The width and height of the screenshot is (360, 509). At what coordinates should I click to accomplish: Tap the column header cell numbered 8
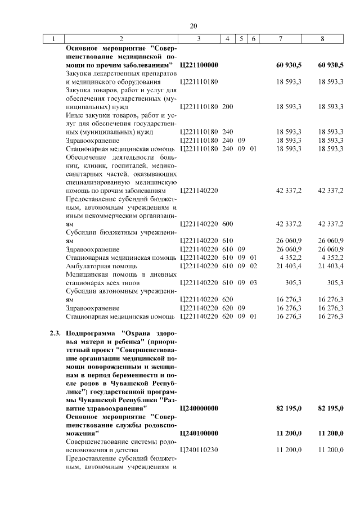[322, 39]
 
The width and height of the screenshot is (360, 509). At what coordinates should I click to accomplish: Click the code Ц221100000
[199, 65]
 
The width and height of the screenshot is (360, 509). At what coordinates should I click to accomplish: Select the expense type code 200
[228, 106]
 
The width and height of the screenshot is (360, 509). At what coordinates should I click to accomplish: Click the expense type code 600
[228, 224]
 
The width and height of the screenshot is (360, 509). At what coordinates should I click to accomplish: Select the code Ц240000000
[199, 408]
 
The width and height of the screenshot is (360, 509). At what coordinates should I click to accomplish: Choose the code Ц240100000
[199, 433]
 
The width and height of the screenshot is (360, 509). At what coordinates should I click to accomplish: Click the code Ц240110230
[199, 450]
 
